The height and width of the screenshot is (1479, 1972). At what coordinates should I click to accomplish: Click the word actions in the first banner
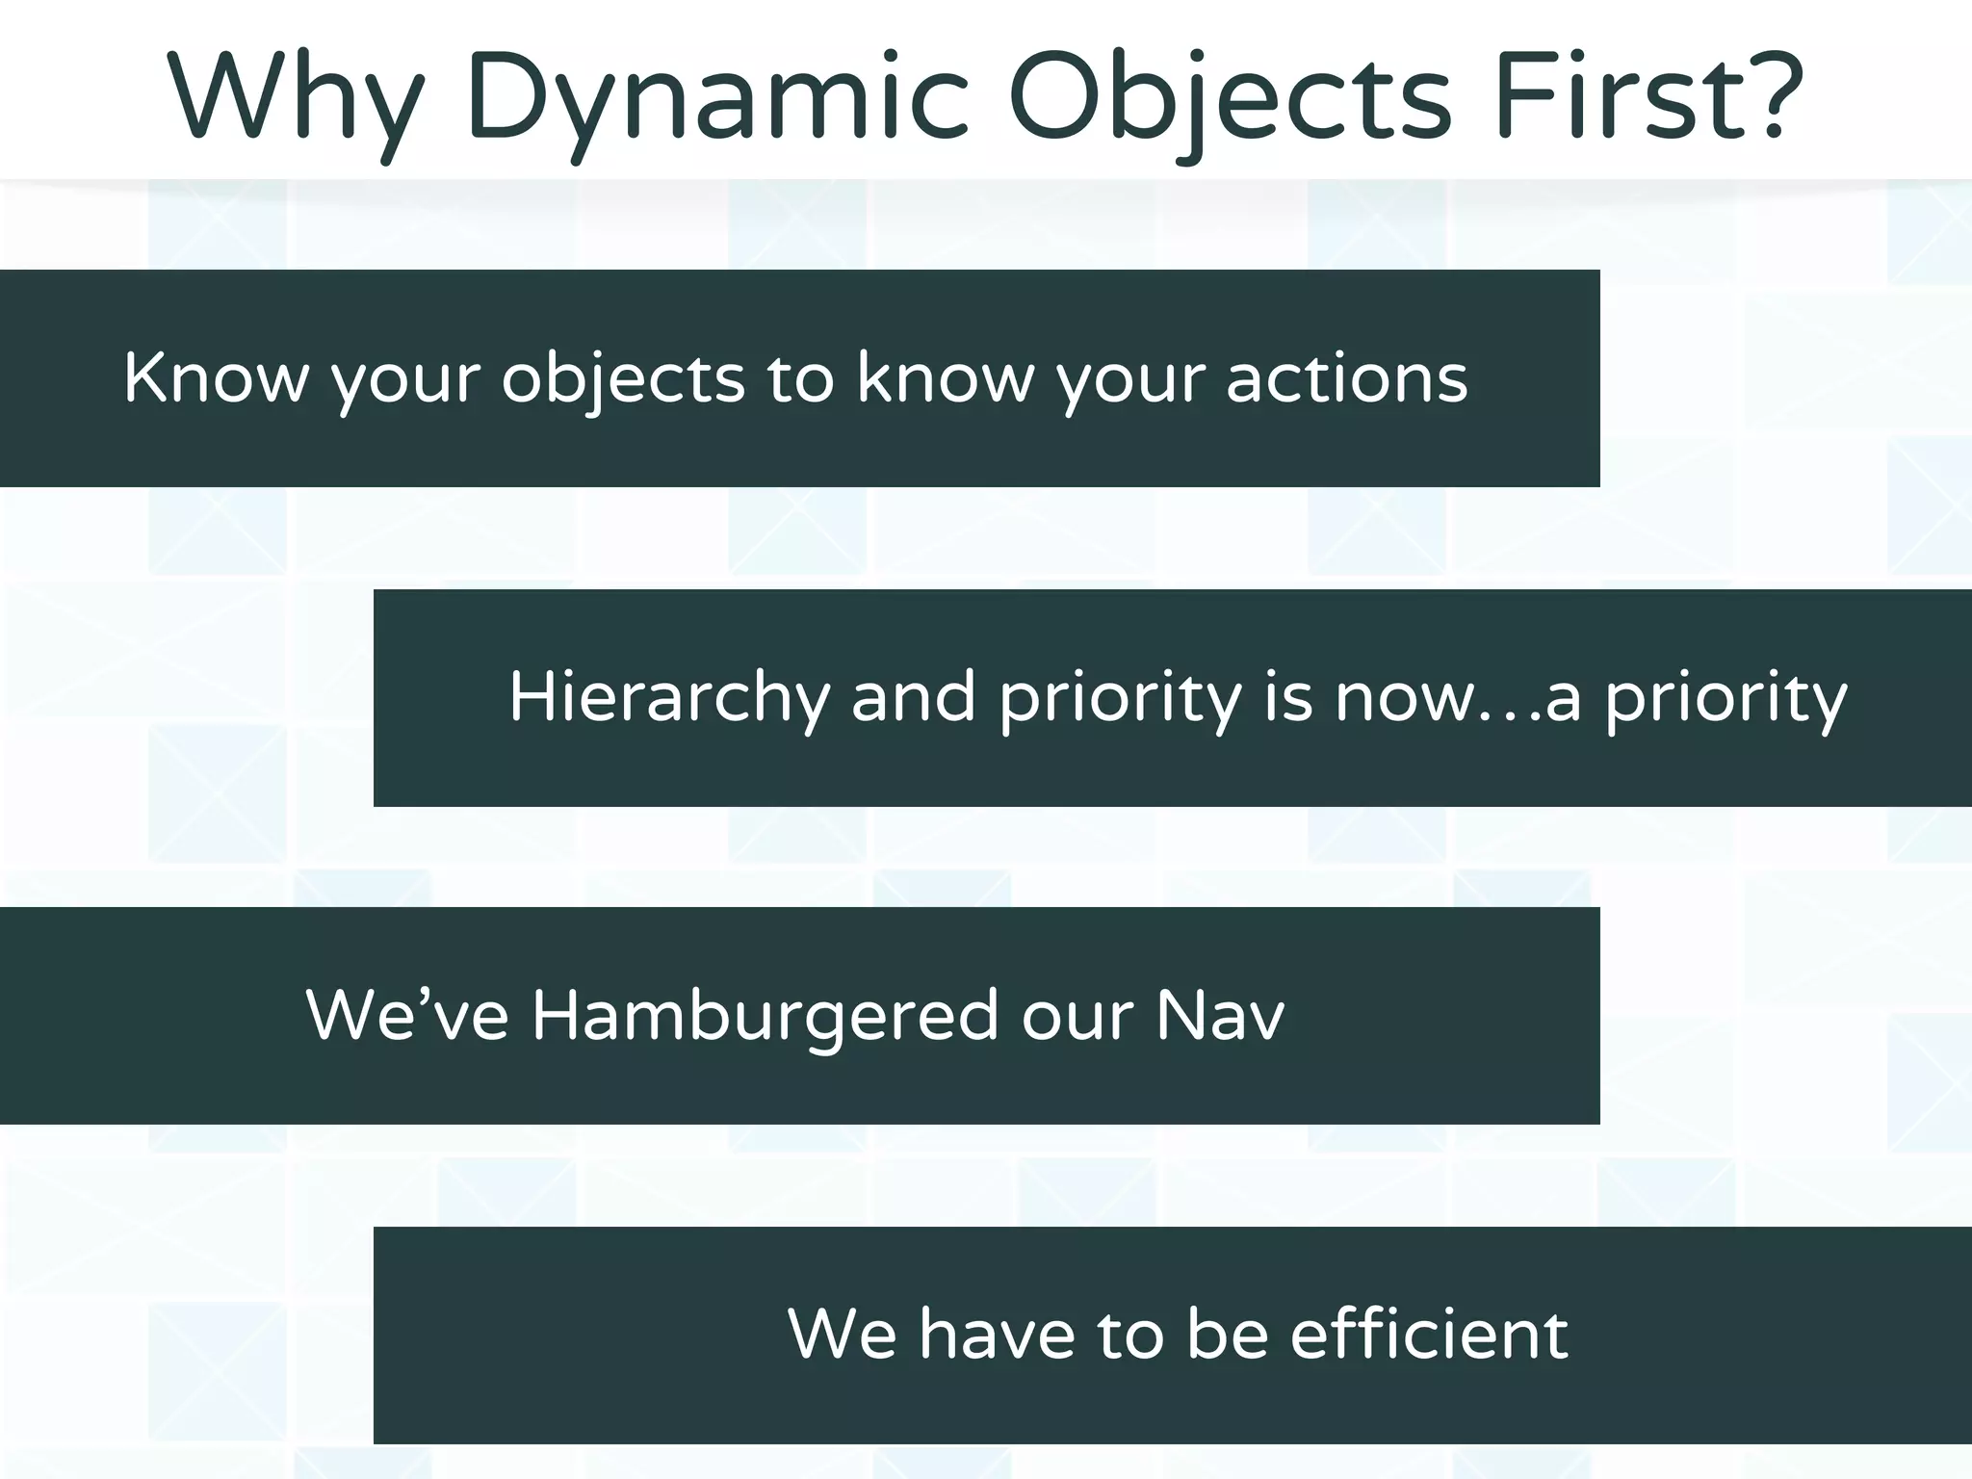1347,377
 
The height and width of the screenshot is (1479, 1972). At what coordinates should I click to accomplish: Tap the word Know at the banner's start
216,377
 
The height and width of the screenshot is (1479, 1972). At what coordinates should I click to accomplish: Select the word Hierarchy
668,698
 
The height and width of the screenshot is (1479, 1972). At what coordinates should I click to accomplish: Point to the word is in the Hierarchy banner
1288,696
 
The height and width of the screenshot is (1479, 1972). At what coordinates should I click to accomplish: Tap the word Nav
1220,1016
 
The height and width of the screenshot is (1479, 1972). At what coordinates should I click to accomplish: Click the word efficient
1429,1335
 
